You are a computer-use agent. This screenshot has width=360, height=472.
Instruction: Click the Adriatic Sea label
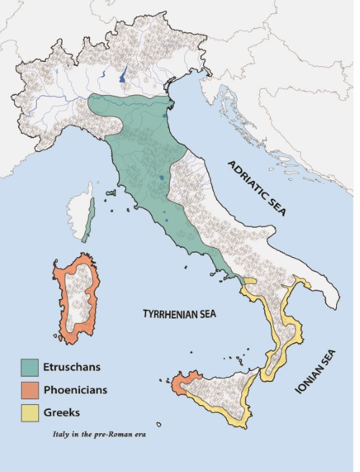[x=257, y=189]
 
